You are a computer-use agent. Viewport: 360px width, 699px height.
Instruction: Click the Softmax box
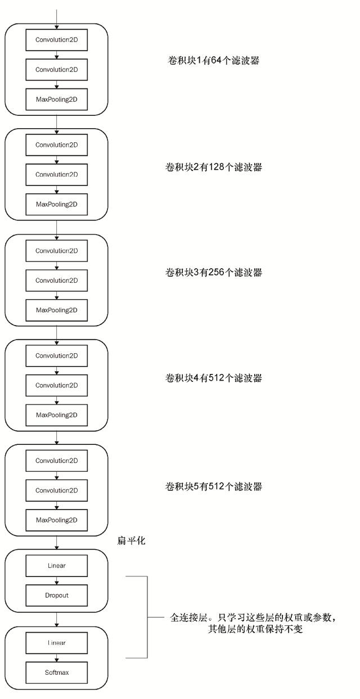pyautogui.click(x=56, y=673)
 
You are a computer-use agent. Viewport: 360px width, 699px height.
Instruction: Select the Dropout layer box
pyautogui.click(x=56, y=596)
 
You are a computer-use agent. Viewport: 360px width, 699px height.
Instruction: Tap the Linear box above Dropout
pyautogui.click(x=56, y=566)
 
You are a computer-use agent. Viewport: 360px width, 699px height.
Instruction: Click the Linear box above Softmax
pyautogui.click(x=56, y=643)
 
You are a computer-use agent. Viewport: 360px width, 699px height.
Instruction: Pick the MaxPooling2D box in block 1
pyautogui.click(x=56, y=100)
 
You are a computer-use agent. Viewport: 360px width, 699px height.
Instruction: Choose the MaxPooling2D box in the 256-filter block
pyautogui.click(x=56, y=310)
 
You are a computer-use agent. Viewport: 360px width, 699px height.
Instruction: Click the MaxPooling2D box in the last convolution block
pyautogui.click(x=56, y=520)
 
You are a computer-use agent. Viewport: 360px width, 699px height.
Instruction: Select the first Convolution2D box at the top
pyautogui.click(x=56, y=40)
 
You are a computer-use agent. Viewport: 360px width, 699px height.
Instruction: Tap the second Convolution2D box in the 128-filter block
pyautogui.click(x=56, y=175)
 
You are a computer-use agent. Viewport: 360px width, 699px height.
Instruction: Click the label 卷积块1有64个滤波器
pyautogui.click(x=214, y=60)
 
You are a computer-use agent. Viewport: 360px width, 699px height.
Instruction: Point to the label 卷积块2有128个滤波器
pyautogui.click(x=214, y=167)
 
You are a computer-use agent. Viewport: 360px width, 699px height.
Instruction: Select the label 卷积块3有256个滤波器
pyautogui.click(x=214, y=272)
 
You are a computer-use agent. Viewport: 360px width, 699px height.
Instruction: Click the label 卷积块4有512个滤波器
pyautogui.click(x=214, y=378)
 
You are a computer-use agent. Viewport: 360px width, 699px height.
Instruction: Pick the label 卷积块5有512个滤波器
pyautogui.click(x=214, y=486)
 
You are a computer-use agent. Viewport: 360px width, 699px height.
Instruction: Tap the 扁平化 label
pyautogui.click(x=132, y=540)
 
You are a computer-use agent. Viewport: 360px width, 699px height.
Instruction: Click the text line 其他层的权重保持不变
pyautogui.click(x=255, y=629)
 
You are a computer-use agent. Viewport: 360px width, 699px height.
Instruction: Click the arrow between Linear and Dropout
pyautogui.click(x=56, y=581)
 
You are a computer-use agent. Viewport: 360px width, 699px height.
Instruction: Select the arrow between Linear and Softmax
pyautogui.click(x=56, y=658)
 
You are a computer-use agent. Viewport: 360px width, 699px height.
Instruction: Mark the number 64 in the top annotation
pyautogui.click(x=216, y=60)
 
